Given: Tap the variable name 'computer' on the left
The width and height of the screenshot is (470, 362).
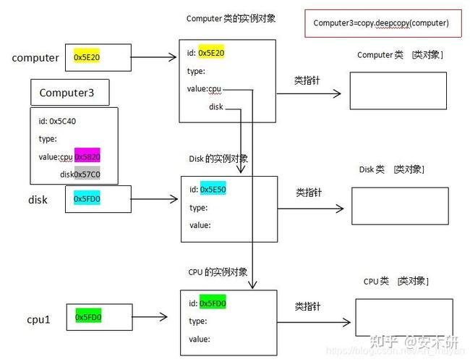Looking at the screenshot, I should pyautogui.click(x=35, y=58).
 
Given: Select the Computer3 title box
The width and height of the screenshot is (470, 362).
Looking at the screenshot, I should pyautogui.click(x=70, y=93).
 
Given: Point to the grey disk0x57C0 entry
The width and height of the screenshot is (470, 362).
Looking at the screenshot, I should pyautogui.click(x=80, y=174).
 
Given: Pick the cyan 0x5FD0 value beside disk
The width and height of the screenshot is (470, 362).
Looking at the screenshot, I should pyautogui.click(x=87, y=198).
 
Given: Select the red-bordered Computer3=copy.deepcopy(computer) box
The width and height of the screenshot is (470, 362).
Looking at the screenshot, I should pyautogui.click(x=381, y=23).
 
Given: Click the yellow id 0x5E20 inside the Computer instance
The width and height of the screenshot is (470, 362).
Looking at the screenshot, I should pyautogui.click(x=211, y=53).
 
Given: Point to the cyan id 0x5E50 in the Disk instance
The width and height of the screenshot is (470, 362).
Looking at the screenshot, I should pyautogui.click(x=213, y=190).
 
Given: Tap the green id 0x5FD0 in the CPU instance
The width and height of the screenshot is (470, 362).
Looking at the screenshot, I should pyautogui.click(x=213, y=303).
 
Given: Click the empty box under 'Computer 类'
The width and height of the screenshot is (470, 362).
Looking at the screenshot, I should pyautogui.click(x=397, y=90).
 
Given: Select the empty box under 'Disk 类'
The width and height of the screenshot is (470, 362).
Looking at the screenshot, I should pyautogui.click(x=400, y=206).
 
